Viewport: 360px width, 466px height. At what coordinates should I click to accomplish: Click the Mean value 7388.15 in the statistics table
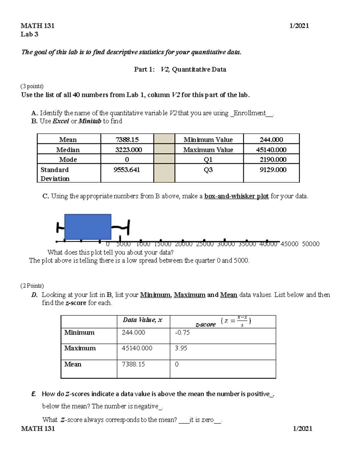127,140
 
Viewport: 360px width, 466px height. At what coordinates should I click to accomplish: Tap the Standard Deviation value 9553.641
127,170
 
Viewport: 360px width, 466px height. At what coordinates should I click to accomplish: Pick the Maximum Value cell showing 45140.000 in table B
271,150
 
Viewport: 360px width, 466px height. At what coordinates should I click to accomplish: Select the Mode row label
68,160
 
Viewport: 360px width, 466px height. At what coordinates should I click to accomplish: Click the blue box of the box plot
88,227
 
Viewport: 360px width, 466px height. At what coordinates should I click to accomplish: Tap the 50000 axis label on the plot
310,244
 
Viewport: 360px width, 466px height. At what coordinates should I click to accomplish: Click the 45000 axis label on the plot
289,244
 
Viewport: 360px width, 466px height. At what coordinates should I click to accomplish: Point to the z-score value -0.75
182,332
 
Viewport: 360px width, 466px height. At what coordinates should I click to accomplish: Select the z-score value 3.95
181,348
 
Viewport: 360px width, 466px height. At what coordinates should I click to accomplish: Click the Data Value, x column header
142,320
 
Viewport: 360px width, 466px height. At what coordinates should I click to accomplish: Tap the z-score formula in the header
235,321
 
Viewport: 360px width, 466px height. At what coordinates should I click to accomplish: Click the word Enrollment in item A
250,113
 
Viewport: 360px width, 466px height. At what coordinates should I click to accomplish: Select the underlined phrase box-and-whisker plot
236,196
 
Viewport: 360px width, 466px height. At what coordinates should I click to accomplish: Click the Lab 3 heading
29,34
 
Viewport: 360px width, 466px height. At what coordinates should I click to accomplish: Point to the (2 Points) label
32,286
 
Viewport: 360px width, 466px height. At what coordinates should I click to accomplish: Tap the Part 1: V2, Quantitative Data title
180,69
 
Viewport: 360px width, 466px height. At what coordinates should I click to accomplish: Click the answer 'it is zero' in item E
201,420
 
